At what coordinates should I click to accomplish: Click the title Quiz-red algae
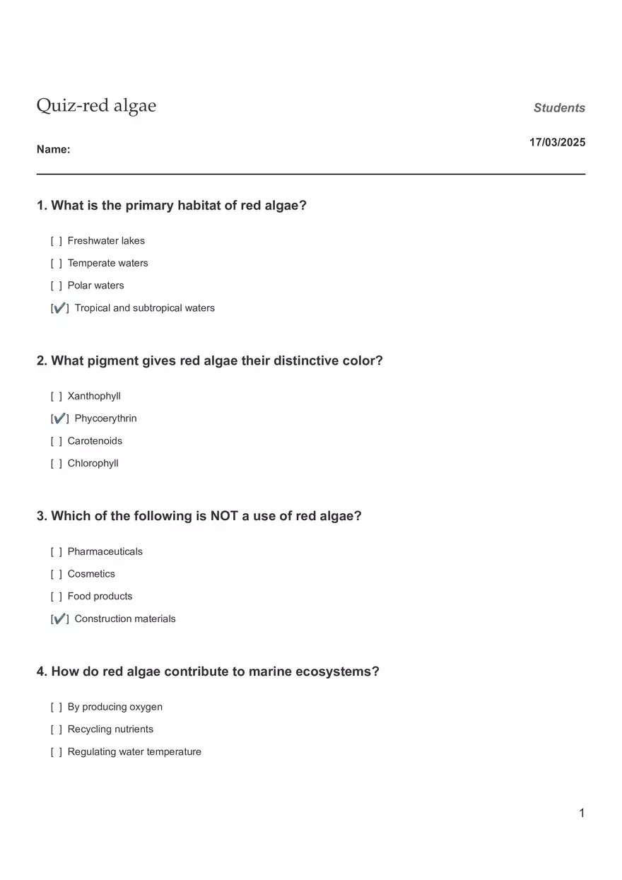96,106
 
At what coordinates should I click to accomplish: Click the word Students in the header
559,108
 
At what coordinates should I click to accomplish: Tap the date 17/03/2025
557,142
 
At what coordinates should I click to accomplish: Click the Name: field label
53,149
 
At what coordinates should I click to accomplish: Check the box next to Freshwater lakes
57,241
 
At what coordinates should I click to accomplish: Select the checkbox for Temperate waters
57,264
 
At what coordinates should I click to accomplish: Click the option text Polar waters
95,286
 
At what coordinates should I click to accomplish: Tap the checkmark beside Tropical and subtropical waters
60,308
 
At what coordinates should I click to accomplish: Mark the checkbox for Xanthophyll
57,397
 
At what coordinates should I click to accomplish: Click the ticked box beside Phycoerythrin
60,418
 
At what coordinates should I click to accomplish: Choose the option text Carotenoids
95,441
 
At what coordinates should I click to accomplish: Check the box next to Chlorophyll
57,464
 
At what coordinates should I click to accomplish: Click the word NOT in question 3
224,516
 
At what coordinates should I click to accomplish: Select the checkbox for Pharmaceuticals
57,552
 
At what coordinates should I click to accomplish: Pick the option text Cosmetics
91,574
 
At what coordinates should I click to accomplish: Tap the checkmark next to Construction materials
60,619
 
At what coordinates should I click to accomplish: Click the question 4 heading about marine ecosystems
208,671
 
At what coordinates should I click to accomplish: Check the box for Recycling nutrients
57,729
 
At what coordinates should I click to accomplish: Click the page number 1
582,814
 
